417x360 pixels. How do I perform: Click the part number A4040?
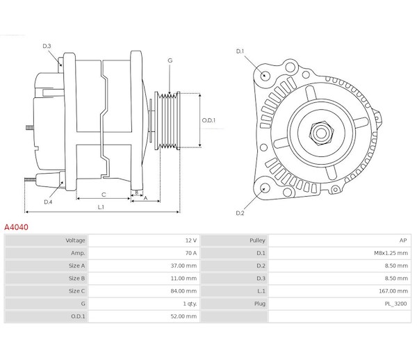(x=17, y=227)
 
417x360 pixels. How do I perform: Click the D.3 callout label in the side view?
(x=47, y=46)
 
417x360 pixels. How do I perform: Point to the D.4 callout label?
(x=48, y=202)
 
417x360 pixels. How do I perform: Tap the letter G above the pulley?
(x=170, y=61)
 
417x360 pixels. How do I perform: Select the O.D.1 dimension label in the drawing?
(x=208, y=120)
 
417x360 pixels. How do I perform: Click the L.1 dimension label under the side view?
(x=101, y=206)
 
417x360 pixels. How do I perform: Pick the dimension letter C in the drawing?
(x=103, y=195)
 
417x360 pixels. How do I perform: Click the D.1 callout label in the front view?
(x=240, y=51)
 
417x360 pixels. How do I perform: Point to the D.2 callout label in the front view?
(x=240, y=213)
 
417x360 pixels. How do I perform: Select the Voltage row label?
(x=75, y=240)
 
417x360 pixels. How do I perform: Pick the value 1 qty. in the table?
(x=189, y=303)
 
